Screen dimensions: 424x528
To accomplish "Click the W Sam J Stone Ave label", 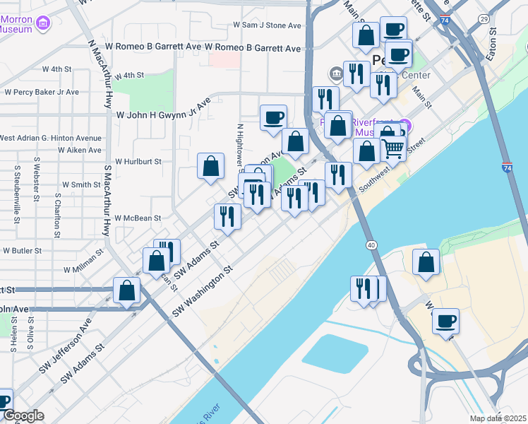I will coord(268,25).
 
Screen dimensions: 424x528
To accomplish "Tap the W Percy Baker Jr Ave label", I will coord(42,92).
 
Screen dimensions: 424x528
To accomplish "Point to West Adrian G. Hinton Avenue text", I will coord(51,138).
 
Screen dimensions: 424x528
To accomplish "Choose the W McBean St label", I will coord(138,218).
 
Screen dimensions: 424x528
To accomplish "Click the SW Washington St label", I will coord(201,290).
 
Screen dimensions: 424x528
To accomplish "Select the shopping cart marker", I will coord(392,146).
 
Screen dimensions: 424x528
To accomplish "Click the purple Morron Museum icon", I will coord(44,25).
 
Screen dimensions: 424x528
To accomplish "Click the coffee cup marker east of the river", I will coord(445,321).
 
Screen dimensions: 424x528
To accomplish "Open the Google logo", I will coord(23,416).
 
